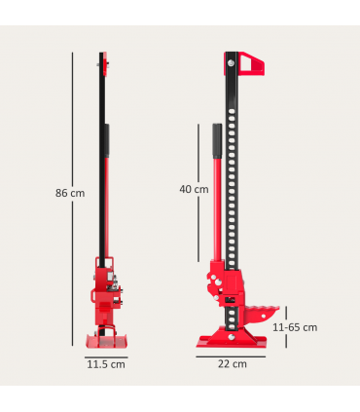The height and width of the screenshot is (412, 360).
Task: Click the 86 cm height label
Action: (70, 193)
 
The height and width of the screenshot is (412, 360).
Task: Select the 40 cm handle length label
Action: (195, 189)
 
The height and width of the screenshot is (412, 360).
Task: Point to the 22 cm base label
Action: (232, 363)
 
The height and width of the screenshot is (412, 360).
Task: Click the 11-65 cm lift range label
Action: (295, 327)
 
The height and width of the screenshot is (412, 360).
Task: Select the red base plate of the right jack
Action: (232, 340)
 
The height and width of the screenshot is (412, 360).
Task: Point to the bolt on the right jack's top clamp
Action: (231, 65)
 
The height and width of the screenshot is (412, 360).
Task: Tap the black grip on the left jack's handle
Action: (107, 146)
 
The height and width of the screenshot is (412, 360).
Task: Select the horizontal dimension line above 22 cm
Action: (232, 355)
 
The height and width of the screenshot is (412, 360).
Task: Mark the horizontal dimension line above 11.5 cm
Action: (106, 356)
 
